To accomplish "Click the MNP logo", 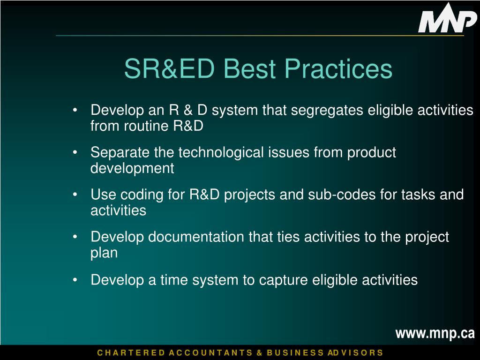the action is [x=447, y=18].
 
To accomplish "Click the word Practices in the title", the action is [x=338, y=68].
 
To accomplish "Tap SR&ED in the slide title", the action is [x=169, y=68].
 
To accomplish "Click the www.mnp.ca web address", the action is [x=435, y=333].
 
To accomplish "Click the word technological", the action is [x=221, y=152].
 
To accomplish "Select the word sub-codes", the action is [x=342, y=195].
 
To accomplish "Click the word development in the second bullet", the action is [x=132, y=168].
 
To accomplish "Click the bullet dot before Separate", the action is [x=75, y=152].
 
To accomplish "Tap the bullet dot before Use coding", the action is [x=75, y=195].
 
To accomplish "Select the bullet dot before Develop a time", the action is [x=75, y=280].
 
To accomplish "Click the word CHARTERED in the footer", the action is [x=131, y=352].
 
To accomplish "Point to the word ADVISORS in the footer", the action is [x=355, y=352].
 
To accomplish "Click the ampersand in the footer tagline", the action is [x=259, y=352].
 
